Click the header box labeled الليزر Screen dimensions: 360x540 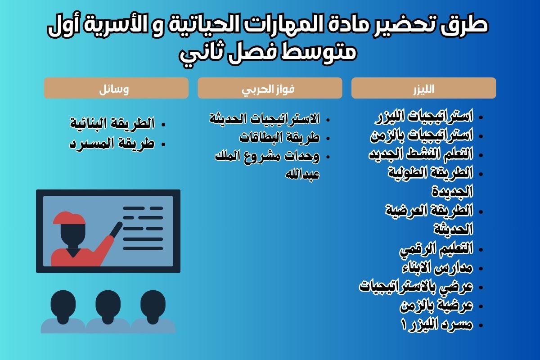(x=423, y=88)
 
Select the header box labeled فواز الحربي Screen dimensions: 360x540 (x=270, y=88)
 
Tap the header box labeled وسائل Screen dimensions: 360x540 (x=116, y=88)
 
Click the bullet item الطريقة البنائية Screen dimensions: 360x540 (x=112, y=123)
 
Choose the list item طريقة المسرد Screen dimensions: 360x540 (x=112, y=144)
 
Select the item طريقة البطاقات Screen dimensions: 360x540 (x=279, y=137)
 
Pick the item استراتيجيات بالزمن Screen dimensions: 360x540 (x=422, y=135)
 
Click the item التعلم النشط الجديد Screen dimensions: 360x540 (x=421, y=154)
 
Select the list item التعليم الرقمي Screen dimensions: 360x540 (x=436, y=248)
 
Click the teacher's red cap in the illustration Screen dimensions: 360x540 (x=69, y=217)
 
